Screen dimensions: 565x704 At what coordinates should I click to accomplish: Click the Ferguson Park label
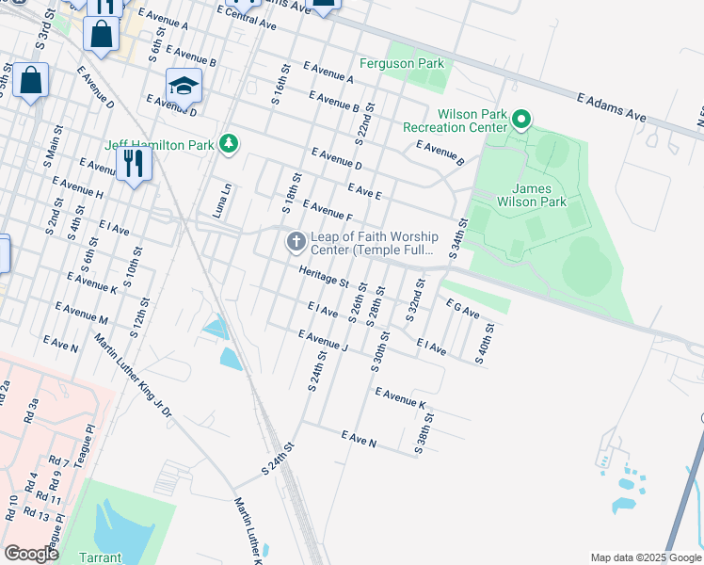point(402,64)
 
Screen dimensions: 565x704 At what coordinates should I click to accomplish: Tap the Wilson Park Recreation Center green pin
point(521,120)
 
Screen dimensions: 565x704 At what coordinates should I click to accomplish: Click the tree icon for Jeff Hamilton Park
point(228,144)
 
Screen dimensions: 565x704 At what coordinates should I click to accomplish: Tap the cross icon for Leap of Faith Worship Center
point(296,243)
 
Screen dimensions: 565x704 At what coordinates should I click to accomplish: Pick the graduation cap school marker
point(184,87)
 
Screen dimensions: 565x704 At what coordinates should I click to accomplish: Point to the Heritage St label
point(324,277)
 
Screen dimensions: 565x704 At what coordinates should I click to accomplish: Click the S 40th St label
point(485,344)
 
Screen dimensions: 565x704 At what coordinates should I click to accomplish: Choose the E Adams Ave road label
point(611,107)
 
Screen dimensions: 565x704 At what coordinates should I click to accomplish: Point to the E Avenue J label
point(323,342)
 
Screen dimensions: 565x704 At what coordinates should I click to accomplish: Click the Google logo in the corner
point(32,554)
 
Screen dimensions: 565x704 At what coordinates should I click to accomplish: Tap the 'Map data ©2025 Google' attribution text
point(645,557)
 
